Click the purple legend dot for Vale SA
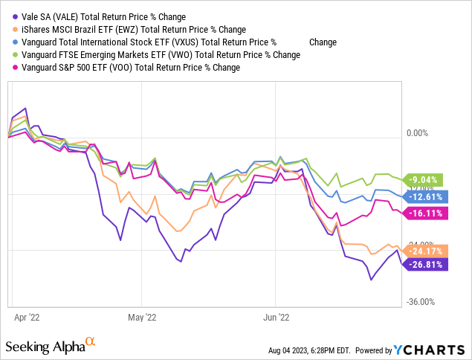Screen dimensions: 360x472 [10, 16]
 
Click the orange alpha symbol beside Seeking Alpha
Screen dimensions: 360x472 [91, 342]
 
